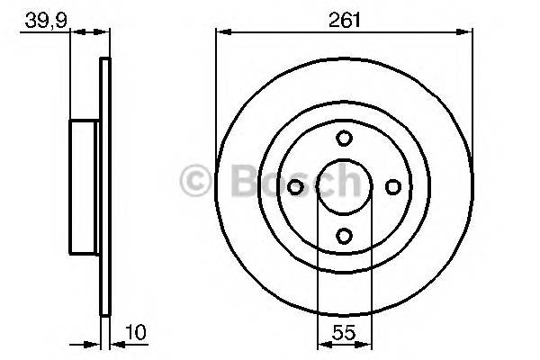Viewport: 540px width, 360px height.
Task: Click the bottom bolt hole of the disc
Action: pyautogui.click(x=344, y=236)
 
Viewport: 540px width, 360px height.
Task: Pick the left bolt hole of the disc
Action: pyautogui.click(x=295, y=187)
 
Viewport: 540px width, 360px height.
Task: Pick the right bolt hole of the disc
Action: pyautogui.click(x=392, y=187)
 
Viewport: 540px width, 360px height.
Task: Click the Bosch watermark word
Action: pyautogui.click(x=288, y=181)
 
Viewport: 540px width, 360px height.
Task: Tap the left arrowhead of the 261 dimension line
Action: pyautogui.click(x=221, y=33)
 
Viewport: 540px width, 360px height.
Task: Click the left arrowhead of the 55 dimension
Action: pyautogui.click(x=323, y=344)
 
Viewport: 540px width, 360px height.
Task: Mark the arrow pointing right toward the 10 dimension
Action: pyautogui.click(x=94, y=344)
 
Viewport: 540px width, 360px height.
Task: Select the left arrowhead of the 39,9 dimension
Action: pyautogui.click(x=76, y=33)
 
